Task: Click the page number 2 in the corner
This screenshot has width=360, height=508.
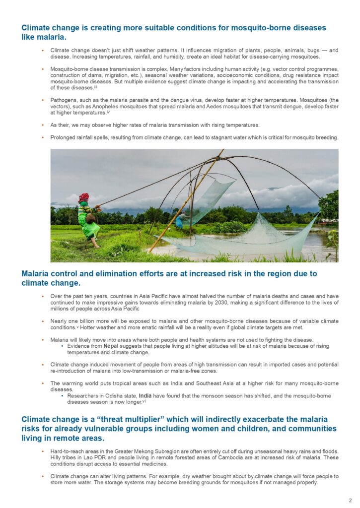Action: click(x=351, y=500)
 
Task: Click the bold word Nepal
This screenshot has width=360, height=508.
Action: click(x=111, y=346)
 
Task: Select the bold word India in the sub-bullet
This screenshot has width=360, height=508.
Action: click(x=145, y=395)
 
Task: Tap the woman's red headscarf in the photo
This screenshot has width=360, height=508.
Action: click(x=83, y=197)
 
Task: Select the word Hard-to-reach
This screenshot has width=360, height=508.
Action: click(x=68, y=451)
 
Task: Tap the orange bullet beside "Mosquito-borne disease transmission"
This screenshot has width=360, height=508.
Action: click(x=43, y=68)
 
